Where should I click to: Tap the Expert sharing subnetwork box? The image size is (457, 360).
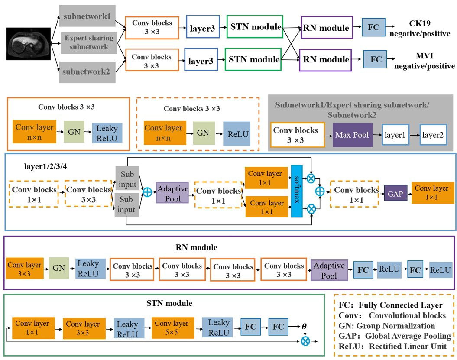coord(89,42)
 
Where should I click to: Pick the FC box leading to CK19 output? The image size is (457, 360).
coord(373,27)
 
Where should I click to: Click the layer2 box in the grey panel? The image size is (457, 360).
coord(434,135)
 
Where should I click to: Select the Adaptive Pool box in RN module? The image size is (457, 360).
coord(330,269)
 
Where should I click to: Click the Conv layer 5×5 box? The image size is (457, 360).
coord(172,328)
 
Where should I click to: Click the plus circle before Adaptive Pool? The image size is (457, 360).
coord(148,192)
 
